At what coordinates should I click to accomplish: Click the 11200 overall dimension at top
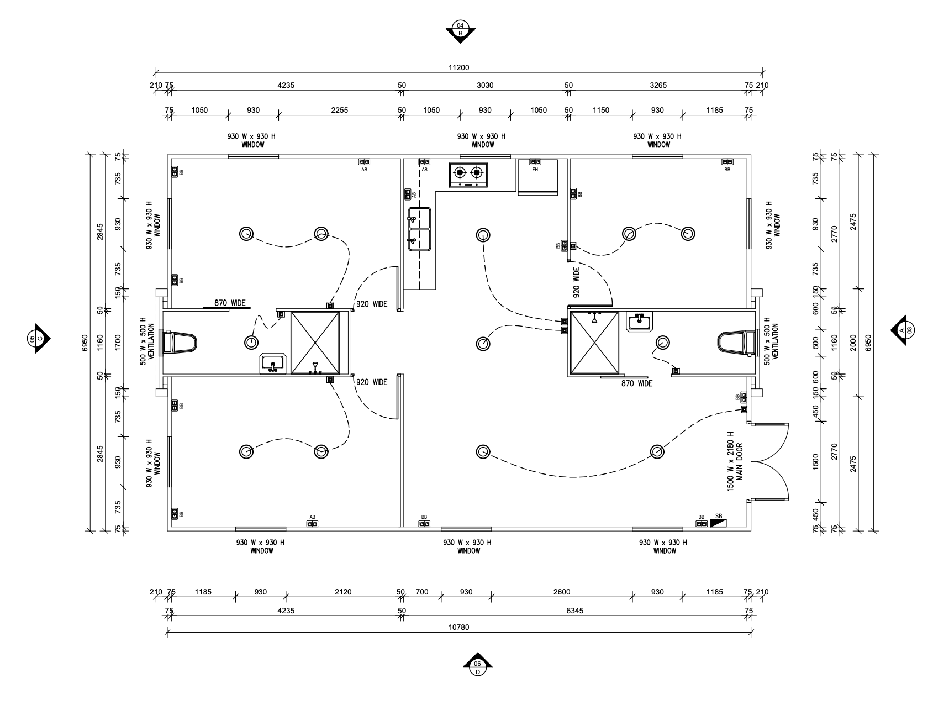click(458, 67)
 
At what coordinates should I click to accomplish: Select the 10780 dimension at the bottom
click(458, 627)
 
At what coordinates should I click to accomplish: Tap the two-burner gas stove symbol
click(468, 174)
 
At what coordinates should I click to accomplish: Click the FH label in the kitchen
click(535, 170)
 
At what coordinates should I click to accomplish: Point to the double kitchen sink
click(419, 229)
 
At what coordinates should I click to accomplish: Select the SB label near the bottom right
click(719, 516)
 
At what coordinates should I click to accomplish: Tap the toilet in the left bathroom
click(181, 342)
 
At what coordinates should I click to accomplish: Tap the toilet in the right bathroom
click(736, 342)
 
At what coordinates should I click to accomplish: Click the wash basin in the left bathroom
click(272, 364)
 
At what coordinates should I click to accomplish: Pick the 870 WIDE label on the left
click(230, 303)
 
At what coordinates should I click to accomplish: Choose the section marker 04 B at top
click(460, 30)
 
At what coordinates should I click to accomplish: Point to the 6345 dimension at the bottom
click(575, 611)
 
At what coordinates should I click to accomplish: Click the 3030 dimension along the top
click(485, 85)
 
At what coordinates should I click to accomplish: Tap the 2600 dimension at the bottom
click(562, 592)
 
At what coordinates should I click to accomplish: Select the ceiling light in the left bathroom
click(251, 343)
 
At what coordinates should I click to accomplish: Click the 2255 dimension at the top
click(339, 110)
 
